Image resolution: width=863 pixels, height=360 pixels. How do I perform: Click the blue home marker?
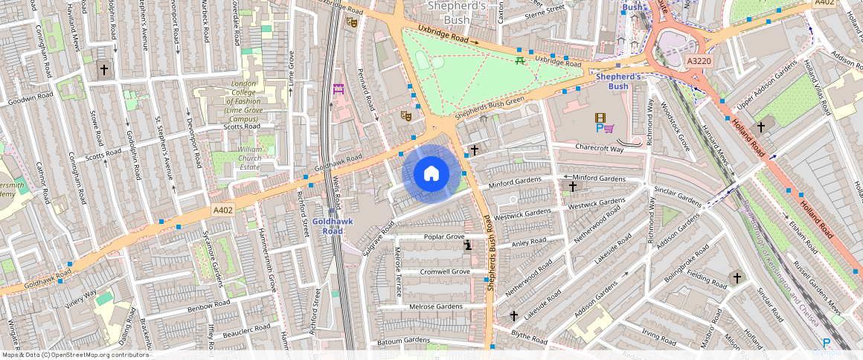point(431,174)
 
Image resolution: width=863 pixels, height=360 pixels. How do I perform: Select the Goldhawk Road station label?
point(327,226)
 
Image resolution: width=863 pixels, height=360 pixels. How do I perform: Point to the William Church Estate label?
point(238,158)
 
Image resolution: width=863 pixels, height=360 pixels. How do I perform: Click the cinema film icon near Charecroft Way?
point(600,118)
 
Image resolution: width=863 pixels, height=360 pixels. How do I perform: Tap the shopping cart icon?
point(609,128)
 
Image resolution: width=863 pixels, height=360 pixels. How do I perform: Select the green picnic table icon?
point(520,60)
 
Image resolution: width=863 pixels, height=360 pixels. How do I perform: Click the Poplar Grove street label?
point(443,237)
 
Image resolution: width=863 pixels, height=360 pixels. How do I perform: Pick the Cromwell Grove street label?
point(444,271)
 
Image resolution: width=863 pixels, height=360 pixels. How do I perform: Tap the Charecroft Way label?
point(599,148)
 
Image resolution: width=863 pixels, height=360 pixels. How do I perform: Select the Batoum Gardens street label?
point(404,340)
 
